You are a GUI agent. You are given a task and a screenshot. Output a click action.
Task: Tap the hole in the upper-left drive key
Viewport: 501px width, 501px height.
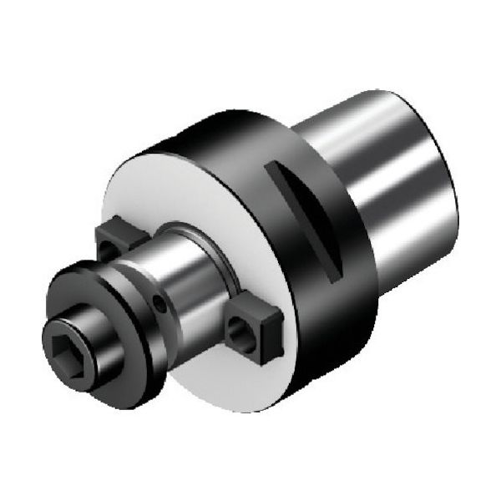click(107, 249)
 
